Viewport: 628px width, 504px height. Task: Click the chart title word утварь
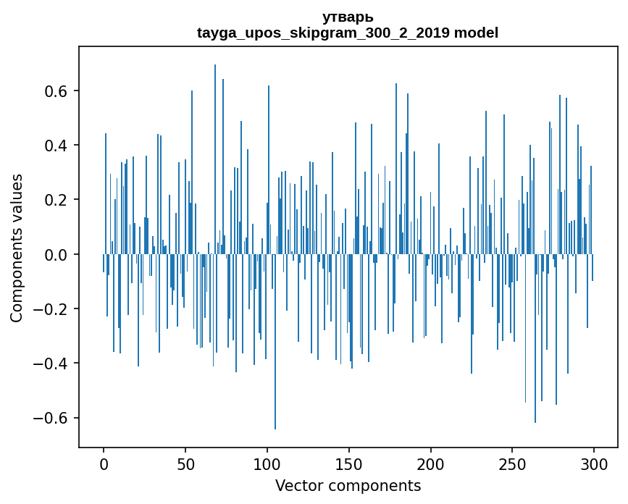click(348, 17)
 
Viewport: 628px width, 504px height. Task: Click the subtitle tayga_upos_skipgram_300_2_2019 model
click(348, 33)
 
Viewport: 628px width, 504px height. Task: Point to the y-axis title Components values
click(17, 248)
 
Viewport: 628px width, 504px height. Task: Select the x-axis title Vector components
click(348, 485)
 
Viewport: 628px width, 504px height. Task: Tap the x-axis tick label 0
click(104, 463)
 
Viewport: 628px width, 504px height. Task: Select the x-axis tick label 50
click(185, 463)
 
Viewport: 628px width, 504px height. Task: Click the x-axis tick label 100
click(267, 463)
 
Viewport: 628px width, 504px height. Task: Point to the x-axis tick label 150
click(348, 463)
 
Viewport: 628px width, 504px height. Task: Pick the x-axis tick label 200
click(430, 463)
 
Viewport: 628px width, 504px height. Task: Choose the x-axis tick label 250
click(512, 463)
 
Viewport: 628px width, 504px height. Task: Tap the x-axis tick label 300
click(594, 463)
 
